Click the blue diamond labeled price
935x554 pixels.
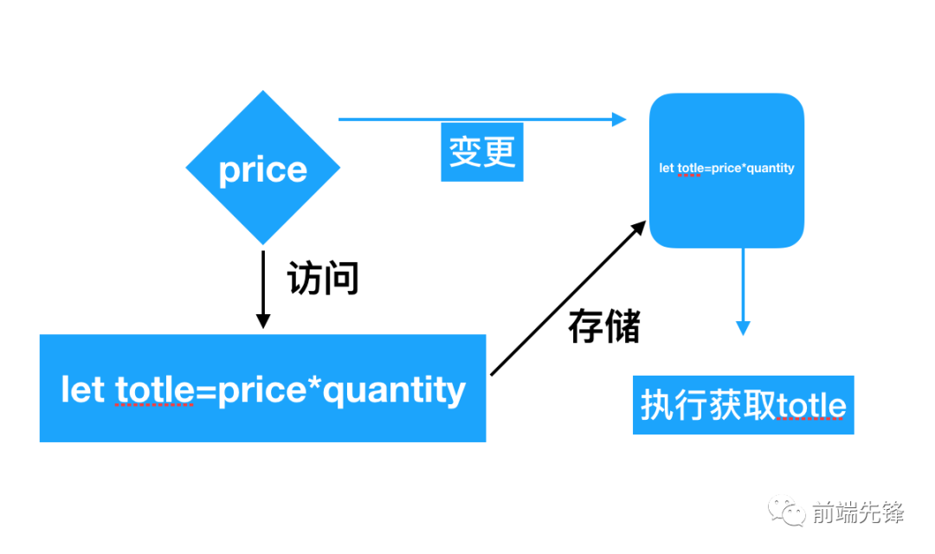[x=263, y=169]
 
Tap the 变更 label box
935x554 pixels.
[x=482, y=152]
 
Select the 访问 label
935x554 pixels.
[x=322, y=280]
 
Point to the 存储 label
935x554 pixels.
[x=604, y=326]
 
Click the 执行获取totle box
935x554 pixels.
[x=743, y=405]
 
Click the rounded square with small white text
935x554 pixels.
[x=726, y=171]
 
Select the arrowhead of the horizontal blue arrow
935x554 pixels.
[x=619, y=119]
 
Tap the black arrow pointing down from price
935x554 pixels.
[x=263, y=290]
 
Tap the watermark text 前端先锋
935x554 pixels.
[x=858, y=512]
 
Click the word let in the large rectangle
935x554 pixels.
[x=82, y=390]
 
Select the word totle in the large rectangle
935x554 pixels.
[x=154, y=390]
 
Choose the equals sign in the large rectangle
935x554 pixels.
[x=205, y=391]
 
